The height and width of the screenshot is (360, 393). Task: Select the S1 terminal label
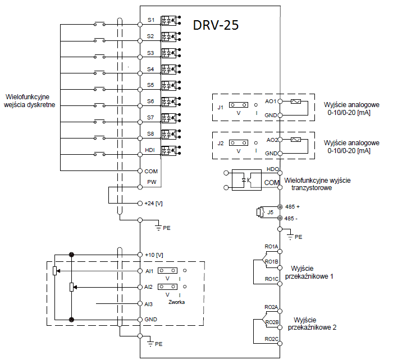pyautogui.click(x=150, y=20)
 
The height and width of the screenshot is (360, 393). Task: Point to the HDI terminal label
pyautogui.click(x=150, y=150)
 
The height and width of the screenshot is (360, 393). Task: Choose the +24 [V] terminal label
pyautogui.click(x=153, y=203)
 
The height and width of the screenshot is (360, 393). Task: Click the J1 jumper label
pyautogui.click(x=221, y=107)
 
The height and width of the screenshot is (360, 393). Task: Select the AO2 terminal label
pyautogui.click(x=271, y=140)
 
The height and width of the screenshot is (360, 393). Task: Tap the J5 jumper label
pyautogui.click(x=270, y=212)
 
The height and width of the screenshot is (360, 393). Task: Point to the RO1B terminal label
pyautogui.click(x=272, y=261)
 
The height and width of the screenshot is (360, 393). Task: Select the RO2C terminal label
pyautogui.click(x=272, y=339)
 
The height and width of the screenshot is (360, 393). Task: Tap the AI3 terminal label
pyautogui.click(x=149, y=303)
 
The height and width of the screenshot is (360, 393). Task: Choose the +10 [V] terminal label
pyautogui.click(x=154, y=255)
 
